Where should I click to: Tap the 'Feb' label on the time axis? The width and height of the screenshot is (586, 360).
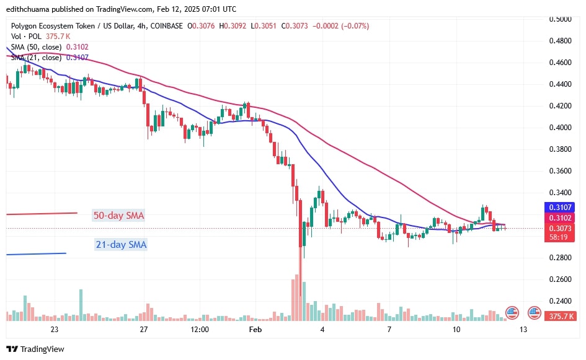tap(255, 330)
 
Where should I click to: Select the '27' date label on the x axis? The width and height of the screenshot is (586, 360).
tap(144, 330)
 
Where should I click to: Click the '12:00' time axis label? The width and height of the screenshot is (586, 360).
tap(200, 330)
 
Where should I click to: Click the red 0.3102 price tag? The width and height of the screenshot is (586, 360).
tap(560, 217)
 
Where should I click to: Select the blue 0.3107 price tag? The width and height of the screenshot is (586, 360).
tap(560, 207)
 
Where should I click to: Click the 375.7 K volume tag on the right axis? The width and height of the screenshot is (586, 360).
tap(560, 317)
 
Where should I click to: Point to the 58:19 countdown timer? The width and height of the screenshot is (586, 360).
tap(560, 237)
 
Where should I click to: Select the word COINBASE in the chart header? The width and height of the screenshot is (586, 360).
tap(167, 26)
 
